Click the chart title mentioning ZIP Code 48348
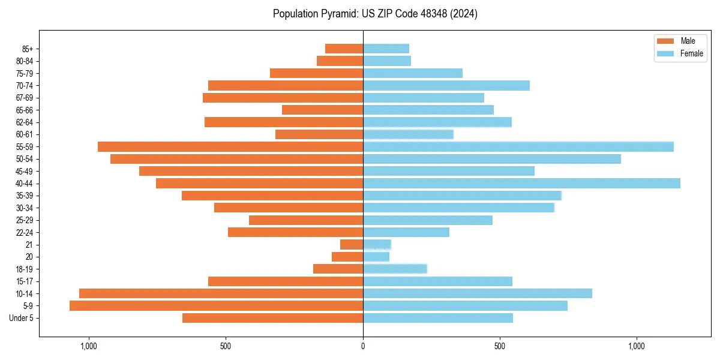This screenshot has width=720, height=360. point(375,14)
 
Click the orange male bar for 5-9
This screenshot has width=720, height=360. point(216,306)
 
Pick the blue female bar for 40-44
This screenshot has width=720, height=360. point(521,183)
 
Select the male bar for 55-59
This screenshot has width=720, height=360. point(230,146)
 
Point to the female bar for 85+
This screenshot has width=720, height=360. point(386,49)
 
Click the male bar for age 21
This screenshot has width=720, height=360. point(352,244)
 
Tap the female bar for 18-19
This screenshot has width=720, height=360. point(395,269)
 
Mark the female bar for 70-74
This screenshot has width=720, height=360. point(446,85)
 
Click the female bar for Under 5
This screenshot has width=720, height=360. point(438,318)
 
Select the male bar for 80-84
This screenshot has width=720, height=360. point(340,61)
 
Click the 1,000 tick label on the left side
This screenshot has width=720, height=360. point(89,346)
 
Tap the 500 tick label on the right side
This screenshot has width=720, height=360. point(500,346)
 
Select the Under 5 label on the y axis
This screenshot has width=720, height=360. point(21,318)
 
